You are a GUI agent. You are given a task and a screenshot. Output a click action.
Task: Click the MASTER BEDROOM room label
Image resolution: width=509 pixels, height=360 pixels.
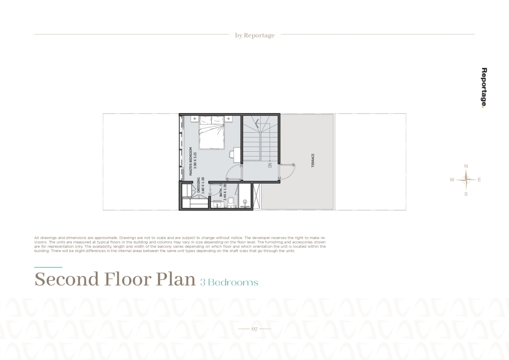click(190, 161)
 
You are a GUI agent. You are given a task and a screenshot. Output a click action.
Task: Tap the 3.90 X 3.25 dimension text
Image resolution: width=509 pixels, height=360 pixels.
click(195, 160)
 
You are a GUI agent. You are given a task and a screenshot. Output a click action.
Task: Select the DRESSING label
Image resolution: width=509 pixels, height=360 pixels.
click(198, 185)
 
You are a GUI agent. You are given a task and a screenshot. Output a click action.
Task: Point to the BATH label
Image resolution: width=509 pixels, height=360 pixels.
click(221, 193)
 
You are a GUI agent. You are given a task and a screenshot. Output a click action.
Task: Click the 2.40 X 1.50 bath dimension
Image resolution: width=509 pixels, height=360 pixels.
click(225, 191)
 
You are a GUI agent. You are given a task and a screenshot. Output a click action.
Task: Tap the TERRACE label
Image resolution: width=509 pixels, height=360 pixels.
click(313, 160)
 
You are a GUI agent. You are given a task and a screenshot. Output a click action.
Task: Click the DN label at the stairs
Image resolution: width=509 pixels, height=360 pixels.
click(270, 165)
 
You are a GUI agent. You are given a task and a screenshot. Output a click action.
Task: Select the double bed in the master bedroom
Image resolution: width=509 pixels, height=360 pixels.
click(212, 132)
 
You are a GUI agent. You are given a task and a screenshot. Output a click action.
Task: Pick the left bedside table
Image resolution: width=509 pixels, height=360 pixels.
click(195, 119)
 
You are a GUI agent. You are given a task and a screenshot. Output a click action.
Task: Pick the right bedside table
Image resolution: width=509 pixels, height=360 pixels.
click(229, 119)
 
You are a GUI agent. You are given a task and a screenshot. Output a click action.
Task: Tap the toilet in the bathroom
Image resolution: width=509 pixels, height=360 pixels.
click(231, 202)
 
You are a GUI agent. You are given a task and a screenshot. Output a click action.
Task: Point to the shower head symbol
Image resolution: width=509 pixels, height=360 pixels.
click(245, 202)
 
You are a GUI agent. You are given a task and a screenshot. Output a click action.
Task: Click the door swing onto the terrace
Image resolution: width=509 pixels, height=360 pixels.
click(287, 171)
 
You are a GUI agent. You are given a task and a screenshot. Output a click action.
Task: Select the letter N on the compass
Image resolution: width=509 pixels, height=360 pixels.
click(466, 166)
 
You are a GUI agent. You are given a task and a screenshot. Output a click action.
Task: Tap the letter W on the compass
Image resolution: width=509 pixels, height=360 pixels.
click(452, 180)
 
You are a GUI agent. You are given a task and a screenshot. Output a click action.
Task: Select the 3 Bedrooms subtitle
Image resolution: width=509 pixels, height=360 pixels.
click(229, 282)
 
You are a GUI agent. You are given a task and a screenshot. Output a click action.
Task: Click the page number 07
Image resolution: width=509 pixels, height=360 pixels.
click(254, 329)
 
